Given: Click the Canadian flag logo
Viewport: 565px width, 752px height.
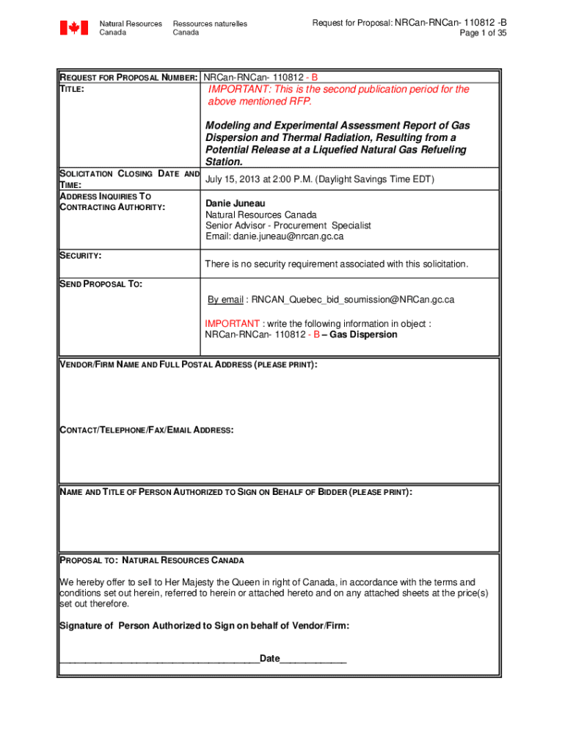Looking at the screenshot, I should pos(73,28).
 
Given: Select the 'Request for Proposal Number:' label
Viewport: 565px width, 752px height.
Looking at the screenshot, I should pos(128,77).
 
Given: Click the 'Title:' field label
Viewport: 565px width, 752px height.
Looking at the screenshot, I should pos(71,88).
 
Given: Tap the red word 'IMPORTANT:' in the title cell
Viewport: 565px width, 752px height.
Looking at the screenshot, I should pos(235,90).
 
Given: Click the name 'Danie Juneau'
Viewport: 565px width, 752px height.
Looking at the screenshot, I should pos(235,203).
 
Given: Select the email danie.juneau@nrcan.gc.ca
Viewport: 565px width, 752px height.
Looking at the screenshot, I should pos(274,236).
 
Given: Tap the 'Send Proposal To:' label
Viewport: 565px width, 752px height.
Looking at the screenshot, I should pos(101,284).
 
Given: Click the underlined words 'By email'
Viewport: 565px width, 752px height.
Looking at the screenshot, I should pos(225,300).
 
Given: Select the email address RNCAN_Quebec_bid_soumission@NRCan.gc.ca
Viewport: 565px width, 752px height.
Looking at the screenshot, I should pos(353,300).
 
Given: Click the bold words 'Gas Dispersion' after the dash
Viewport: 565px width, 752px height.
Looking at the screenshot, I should pos(364,335).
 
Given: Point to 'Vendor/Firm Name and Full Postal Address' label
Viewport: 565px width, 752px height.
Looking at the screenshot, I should pos(188,365).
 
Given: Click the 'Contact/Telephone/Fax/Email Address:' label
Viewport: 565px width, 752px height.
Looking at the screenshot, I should pos(146,430).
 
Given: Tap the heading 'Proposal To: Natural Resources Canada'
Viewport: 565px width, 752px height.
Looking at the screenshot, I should pos(151,560).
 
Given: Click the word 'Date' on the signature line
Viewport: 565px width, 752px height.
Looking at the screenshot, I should pos(269,659).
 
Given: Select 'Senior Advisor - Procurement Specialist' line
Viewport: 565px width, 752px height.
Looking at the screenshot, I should pos(288,225).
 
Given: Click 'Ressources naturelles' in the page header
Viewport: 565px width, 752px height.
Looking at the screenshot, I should pos(210,23).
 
